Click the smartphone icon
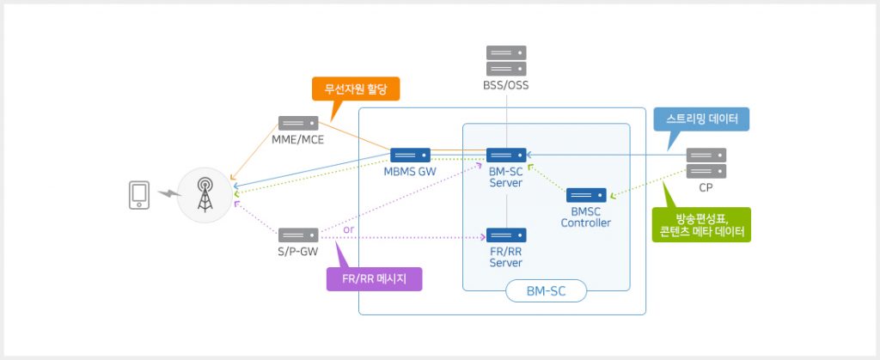tap(137, 195)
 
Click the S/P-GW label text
tap(296, 250)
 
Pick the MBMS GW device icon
tap(410, 156)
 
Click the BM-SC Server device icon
tap(506, 156)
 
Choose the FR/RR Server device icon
tap(506, 235)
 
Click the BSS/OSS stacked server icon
tap(506, 61)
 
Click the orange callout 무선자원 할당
tap(350, 88)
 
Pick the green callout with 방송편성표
tap(701, 224)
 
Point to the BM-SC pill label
tap(547, 292)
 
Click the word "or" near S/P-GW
tap(348, 230)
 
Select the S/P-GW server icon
tap(298, 235)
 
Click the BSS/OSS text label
tap(506, 85)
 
